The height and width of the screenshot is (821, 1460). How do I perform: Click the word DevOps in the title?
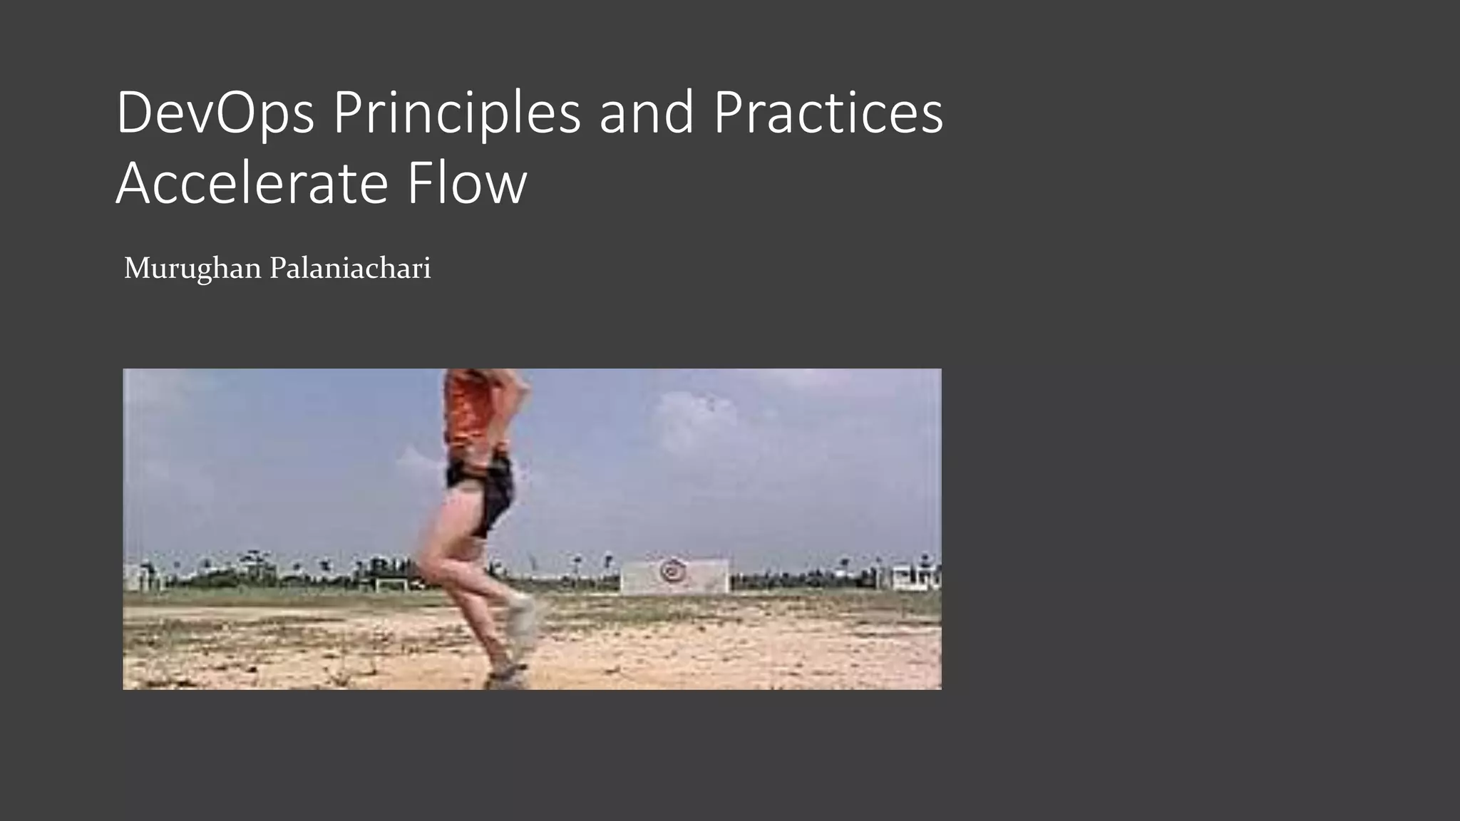point(215,113)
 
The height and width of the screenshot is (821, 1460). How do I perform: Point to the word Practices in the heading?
point(828,113)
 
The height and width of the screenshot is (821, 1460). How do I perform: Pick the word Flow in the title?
point(467,184)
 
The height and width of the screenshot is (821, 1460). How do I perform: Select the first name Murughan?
point(192,269)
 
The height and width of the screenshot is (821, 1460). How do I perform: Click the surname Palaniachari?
point(350,269)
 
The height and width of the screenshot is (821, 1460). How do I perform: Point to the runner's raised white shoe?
point(524,620)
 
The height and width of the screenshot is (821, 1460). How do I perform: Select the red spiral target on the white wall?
point(671,570)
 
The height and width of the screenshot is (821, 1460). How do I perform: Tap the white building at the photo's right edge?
point(915,576)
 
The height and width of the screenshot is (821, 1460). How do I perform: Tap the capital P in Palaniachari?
point(278,269)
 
